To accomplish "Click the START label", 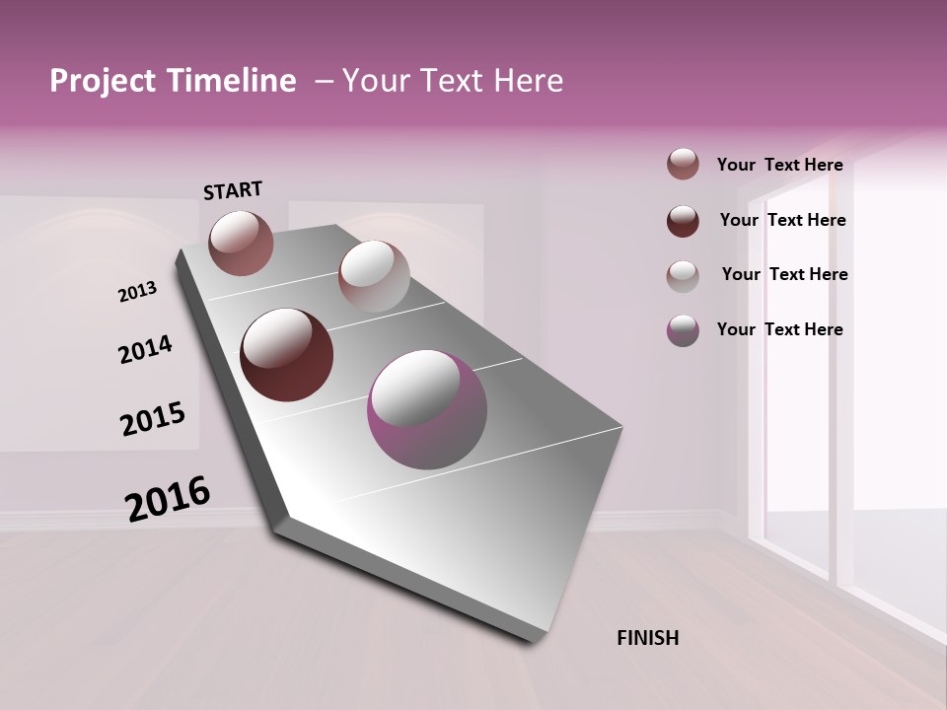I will coord(233,190).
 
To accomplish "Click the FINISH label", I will coord(647,638).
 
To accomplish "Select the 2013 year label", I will coord(137,292).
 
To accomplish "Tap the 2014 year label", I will coord(145,349).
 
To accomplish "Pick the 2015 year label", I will coord(153,419).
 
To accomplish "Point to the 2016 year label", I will coord(168,498).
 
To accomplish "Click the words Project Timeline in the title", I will coord(173,81).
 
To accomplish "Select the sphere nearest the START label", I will coord(241,243).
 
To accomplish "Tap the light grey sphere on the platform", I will coord(374,276).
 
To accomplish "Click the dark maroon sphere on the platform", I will coord(287,355).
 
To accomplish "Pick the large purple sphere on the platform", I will coord(427,409).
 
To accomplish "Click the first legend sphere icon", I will coord(683,165).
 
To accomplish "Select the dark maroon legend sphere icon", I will coord(683,221).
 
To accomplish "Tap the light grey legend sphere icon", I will coord(683,276).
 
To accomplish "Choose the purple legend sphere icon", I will coord(683,330).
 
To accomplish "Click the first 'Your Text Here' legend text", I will coord(779,166).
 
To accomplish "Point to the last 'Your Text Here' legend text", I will coord(779,329).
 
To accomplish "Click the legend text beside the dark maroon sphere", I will coord(782,220).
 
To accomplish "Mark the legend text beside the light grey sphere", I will coord(784,274).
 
